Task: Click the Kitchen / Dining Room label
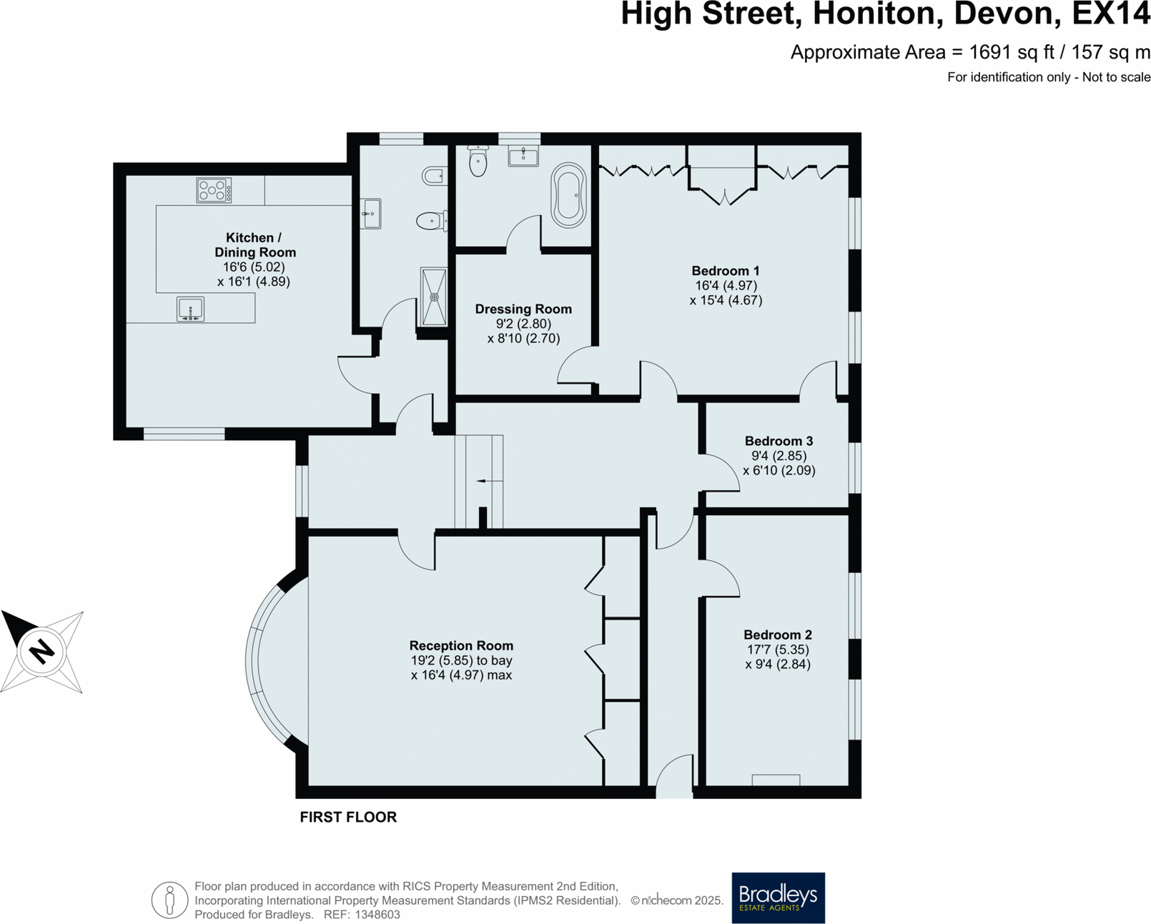click(x=255, y=245)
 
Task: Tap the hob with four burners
click(x=213, y=191)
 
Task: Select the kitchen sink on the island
click(x=190, y=309)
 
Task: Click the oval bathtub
click(x=568, y=196)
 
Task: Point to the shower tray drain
click(x=434, y=297)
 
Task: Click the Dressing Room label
click(x=523, y=309)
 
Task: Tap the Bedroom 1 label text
click(x=725, y=271)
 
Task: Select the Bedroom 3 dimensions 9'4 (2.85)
click(x=779, y=456)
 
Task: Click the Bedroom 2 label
click(x=777, y=635)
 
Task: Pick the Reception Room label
click(x=461, y=645)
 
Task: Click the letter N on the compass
click(x=41, y=651)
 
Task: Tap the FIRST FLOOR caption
click(x=348, y=817)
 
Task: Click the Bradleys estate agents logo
click(x=778, y=898)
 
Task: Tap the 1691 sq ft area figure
click(x=998, y=52)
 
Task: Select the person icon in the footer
click(x=169, y=900)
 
